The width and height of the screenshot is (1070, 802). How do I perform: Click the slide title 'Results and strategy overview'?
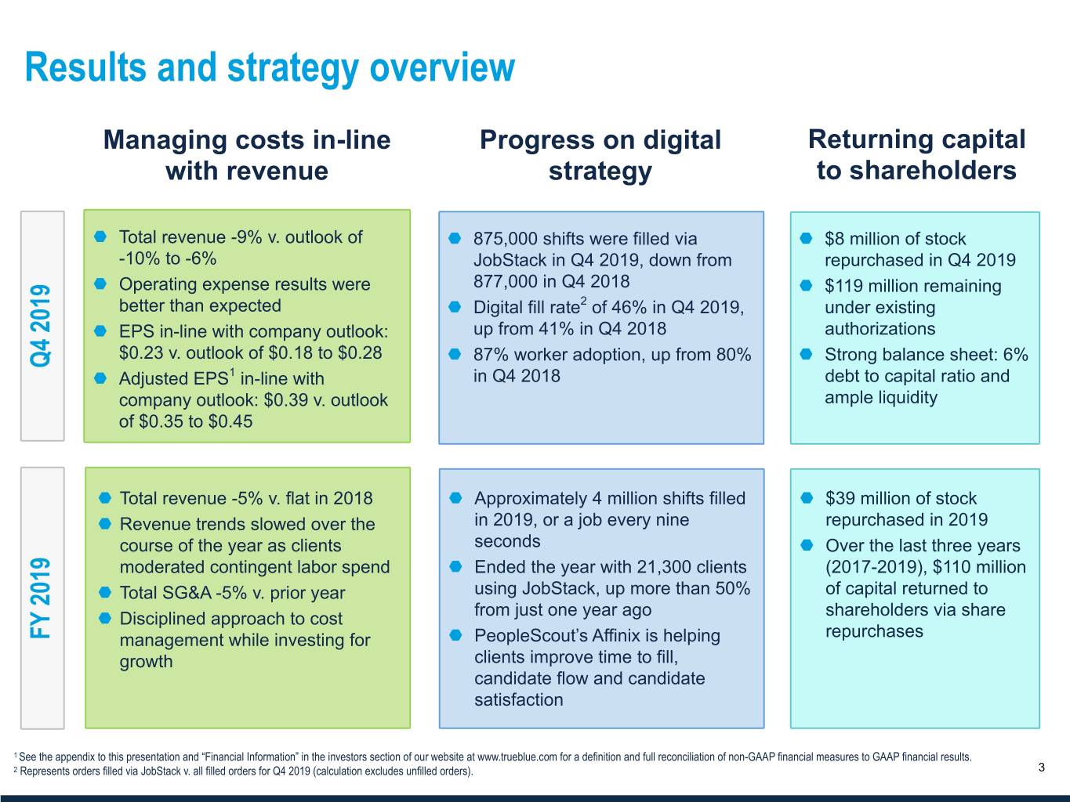point(270,67)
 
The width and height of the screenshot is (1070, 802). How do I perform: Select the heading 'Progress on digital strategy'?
point(600,155)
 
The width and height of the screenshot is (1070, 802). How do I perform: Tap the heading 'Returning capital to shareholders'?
point(916,154)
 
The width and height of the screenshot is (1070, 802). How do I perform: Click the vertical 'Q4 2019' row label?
point(41,326)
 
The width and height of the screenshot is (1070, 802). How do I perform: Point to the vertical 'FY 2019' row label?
point(41,597)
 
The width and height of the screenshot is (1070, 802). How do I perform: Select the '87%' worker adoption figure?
point(491,355)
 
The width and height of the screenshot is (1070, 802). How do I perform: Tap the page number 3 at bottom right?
point(1041,768)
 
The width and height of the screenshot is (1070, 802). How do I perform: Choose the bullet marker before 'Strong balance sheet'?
point(807,355)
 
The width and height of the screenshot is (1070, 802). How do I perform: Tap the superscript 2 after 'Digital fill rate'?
point(583,300)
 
